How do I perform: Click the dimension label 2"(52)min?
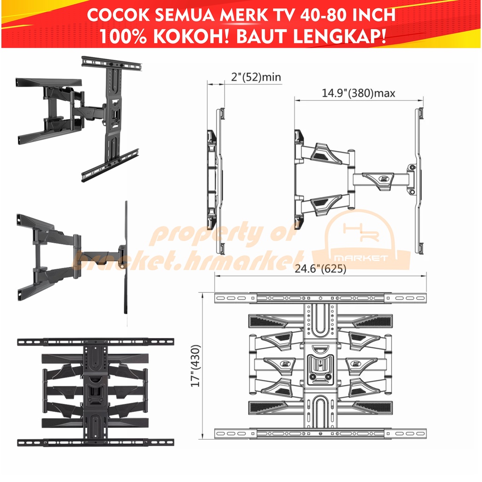(256, 77)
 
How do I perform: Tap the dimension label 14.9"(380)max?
(358, 93)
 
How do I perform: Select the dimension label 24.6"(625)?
(321, 269)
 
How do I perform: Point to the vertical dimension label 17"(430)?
(196, 366)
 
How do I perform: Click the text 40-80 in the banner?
(322, 15)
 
